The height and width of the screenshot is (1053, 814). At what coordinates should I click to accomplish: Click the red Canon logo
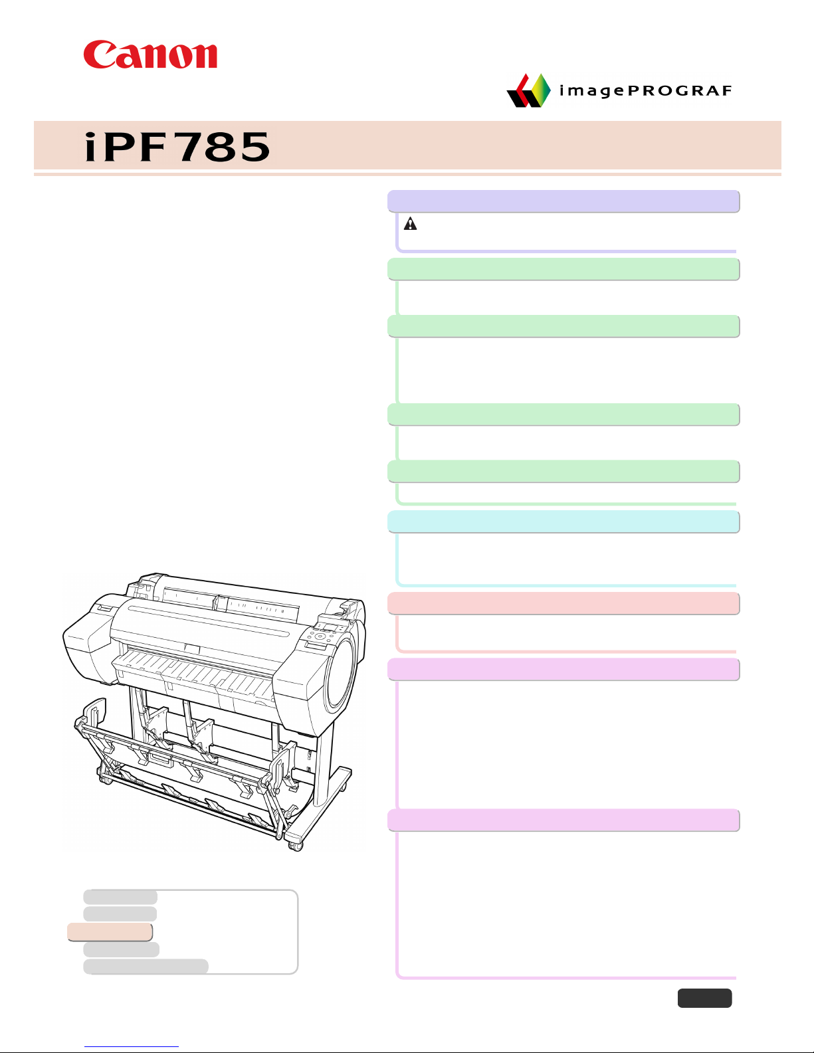[x=150, y=54]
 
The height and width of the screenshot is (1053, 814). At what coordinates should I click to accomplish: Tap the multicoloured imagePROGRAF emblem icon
[x=529, y=90]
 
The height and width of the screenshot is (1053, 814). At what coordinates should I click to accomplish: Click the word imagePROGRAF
[x=645, y=90]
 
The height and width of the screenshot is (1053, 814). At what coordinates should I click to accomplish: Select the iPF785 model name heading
[x=177, y=147]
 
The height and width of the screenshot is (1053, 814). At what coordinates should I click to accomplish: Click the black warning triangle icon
[x=411, y=224]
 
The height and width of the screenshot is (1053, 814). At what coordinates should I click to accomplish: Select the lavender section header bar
[x=563, y=201]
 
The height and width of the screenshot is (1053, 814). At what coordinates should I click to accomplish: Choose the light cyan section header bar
[x=563, y=522]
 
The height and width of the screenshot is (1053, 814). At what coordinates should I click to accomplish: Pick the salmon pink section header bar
[x=563, y=603]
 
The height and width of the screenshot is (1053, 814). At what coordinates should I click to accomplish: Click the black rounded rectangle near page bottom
[x=704, y=999]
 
